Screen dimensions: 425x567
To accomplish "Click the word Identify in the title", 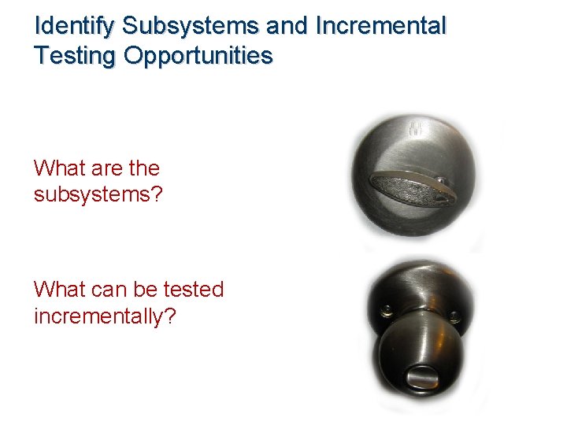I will [76, 27].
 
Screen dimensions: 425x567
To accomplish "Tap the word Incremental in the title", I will [380, 27].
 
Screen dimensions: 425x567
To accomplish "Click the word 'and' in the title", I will [287, 27].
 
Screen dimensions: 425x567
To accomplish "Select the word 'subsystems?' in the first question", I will [98, 194].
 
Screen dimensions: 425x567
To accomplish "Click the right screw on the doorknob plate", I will [454, 316].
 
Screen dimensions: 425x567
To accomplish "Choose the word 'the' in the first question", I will [142, 168].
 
